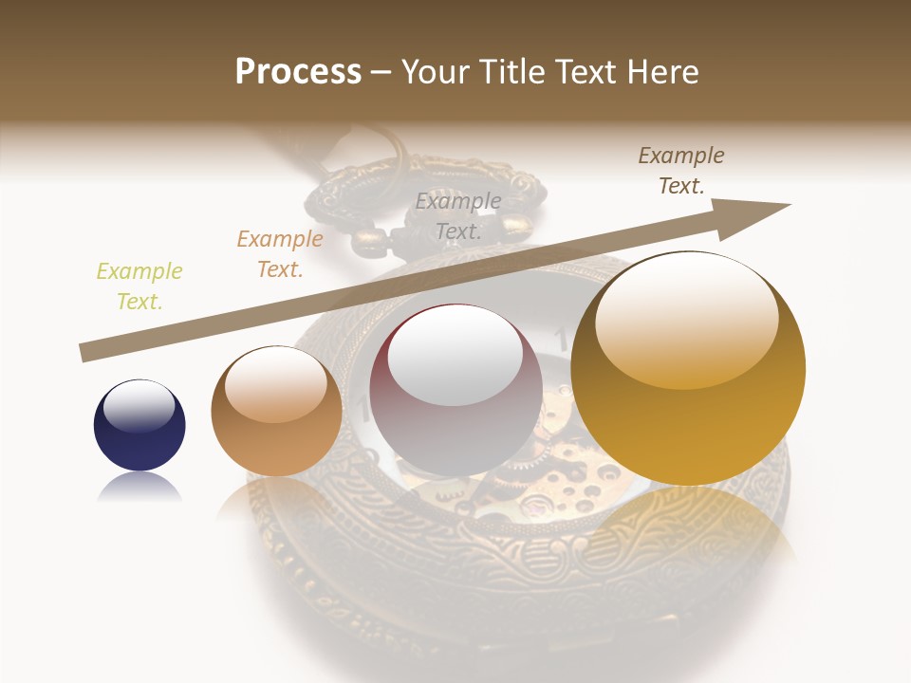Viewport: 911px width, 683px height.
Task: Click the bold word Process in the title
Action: pos(298,72)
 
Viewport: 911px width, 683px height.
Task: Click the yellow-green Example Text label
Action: pos(139,286)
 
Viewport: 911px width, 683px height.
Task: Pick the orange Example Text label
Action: pos(280,254)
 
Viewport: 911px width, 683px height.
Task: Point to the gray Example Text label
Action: pos(458,215)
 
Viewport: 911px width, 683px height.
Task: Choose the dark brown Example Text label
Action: pos(681,170)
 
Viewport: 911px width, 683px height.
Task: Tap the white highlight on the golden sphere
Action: pos(686,318)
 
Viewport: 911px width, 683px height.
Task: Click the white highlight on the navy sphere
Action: pos(139,407)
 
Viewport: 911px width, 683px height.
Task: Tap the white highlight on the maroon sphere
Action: pos(455,359)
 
